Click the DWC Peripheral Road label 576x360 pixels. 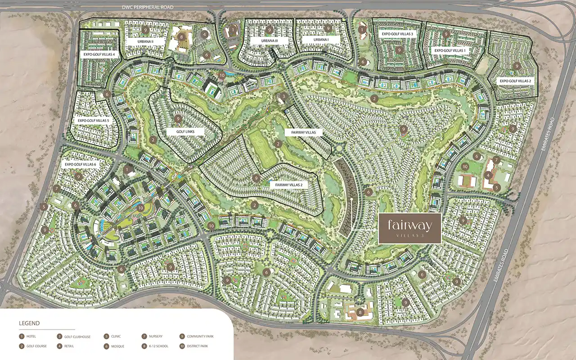tap(148, 8)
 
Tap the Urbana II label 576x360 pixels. tap(146, 41)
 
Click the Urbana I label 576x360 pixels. tap(321, 40)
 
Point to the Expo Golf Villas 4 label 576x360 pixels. tap(99, 54)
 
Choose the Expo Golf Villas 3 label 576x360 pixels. tap(397, 34)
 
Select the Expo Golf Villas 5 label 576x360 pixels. tap(93, 121)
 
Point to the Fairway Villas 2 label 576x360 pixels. tap(288, 184)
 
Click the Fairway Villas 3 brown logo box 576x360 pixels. tap(409, 228)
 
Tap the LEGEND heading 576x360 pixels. tap(29, 323)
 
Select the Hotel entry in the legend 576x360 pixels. tap(31, 336)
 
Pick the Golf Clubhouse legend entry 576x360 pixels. tap(73, 336)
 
